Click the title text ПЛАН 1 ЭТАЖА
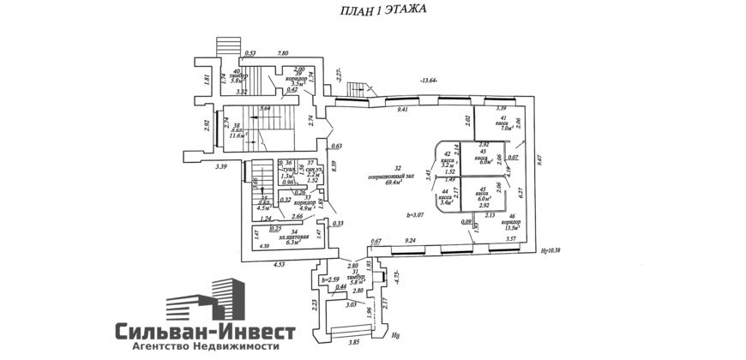tap(375, 10)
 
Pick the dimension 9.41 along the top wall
tap(401, 109)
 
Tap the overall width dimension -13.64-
tap(429, 81)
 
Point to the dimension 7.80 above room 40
tap(283, 54)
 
